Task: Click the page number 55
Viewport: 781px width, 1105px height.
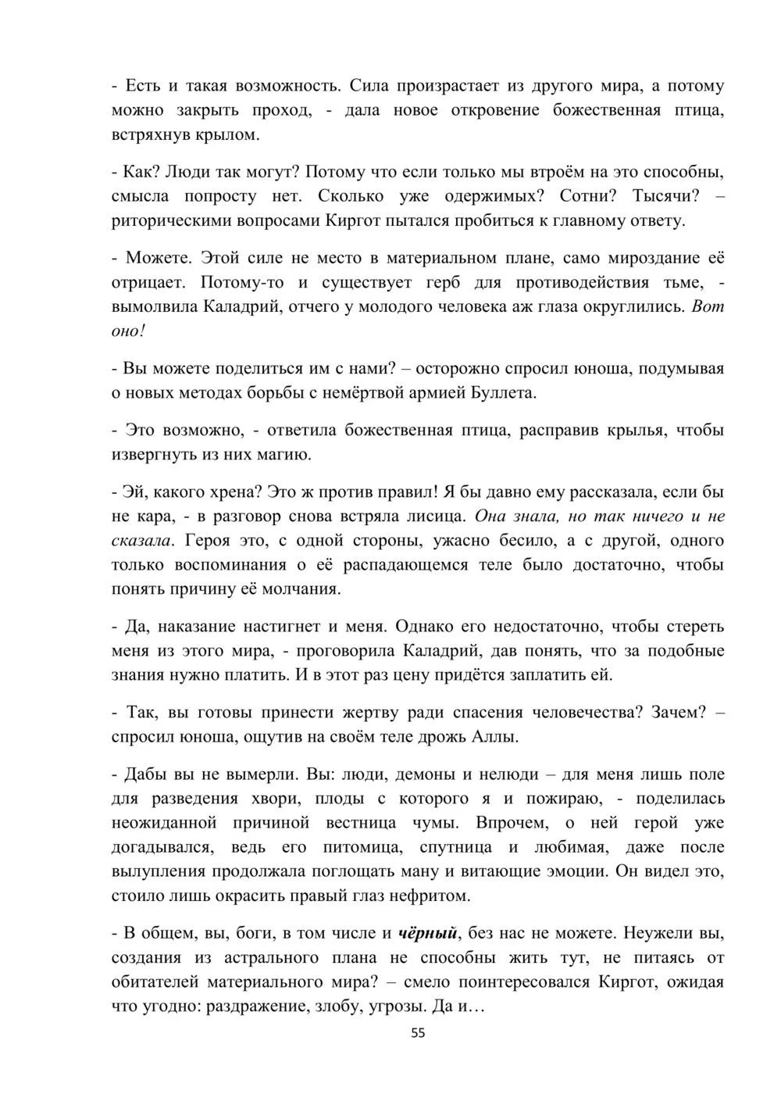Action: point(418,1032)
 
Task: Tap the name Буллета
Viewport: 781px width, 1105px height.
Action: point(506,392)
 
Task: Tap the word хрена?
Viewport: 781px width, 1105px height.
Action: point(234,492)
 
